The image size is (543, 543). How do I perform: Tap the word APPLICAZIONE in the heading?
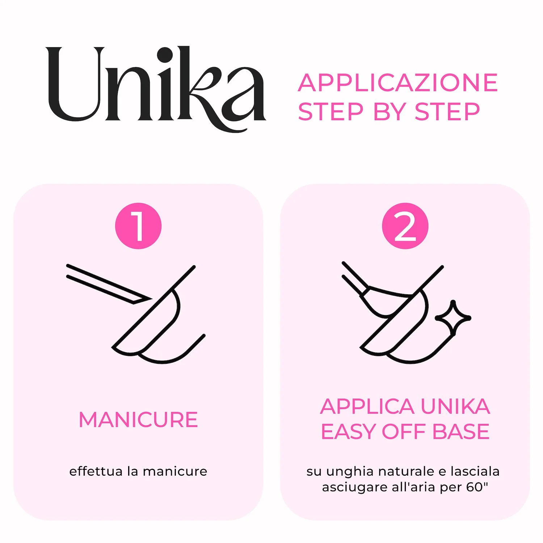click(x=398, y=83)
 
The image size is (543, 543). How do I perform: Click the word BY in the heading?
click(x=389, y=111)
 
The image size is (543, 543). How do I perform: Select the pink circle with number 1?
click(x=138, y=226)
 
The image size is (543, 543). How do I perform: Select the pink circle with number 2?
click(x=405, y=226)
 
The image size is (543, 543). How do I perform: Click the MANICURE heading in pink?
click(x=138, y=420)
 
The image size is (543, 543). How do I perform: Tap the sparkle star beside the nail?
click(x=453, y=318)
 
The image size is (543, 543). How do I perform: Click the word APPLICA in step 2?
click(x=367, y=407)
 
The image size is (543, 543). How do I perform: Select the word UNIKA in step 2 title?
click(x=455, y=407)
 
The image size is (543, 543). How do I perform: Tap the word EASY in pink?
click(x=349, y=432)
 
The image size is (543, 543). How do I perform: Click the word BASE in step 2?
click(x=461, y=432)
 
